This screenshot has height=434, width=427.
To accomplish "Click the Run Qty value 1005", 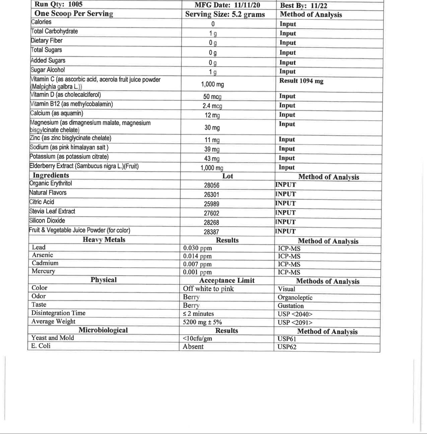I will (75, 4).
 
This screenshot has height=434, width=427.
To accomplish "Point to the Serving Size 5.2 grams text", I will (225, 14).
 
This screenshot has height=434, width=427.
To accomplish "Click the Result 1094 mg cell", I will (301, 81).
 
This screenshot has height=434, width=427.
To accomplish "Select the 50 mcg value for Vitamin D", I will (212, 97).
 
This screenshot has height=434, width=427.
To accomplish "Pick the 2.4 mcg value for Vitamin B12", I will (212, 106).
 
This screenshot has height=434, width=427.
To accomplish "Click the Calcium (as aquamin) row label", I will (57, 113).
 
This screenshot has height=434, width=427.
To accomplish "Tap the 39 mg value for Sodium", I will (212, 149).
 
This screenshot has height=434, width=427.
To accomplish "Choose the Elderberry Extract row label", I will (84, 166).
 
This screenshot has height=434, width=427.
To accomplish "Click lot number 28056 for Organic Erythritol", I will (212, 185).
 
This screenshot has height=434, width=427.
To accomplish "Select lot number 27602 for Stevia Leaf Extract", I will (212, 213).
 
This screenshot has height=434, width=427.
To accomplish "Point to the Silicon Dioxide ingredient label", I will (47, 221).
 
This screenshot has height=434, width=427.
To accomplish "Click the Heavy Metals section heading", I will (104, 240).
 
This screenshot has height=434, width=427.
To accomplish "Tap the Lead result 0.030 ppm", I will (197, 248).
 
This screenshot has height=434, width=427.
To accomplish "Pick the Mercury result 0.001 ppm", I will (197, 272).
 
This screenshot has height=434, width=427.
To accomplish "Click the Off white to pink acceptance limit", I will (208, 289).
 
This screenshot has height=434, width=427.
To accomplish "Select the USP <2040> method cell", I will (295, 314).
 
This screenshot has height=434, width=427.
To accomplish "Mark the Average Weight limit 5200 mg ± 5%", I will (202, 322).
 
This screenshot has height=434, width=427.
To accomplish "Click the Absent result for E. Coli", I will (193, 347).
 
